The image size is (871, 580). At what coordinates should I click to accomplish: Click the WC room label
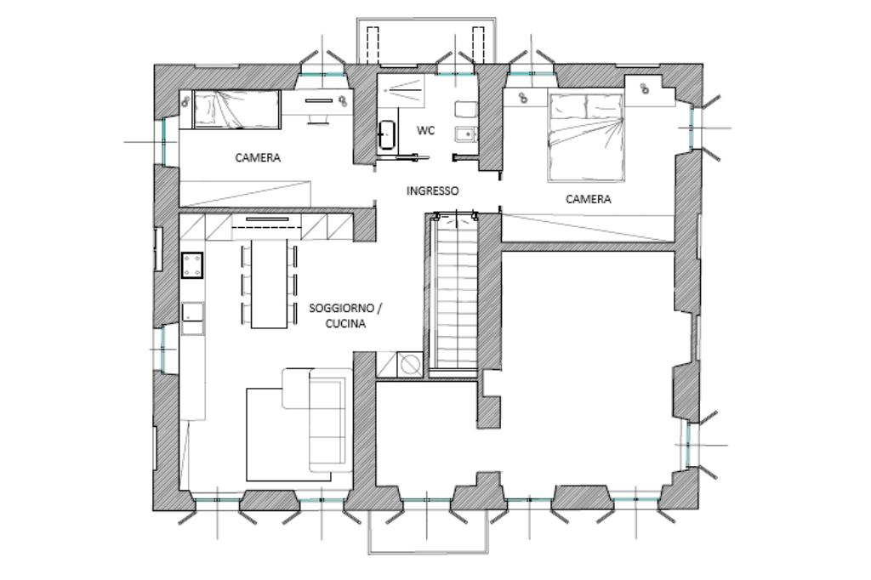click(x=425, y=131)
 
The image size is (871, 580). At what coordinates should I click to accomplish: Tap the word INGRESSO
click(x=433, y=190)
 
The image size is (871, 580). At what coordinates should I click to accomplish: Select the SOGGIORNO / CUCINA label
click(x=345, y=316)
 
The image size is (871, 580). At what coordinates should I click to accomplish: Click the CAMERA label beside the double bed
click(x=588, y=199)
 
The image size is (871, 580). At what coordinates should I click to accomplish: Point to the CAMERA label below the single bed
click(x=258, y=158)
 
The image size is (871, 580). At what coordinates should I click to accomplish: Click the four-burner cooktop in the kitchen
click(x=192, y=264)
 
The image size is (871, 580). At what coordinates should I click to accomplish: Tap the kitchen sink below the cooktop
click(x=192, y=312)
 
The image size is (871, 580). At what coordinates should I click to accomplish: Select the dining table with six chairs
click(x=270, y=283)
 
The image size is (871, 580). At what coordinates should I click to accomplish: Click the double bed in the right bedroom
click(x=585, y=137)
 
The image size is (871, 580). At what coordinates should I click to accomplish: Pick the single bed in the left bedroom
click(x=236, y=109)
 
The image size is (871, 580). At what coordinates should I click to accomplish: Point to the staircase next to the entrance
click(x=455, y=291)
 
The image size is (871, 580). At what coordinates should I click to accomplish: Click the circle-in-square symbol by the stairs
click(x=411, y=364)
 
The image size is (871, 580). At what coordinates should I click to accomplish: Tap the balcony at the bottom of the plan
click(x=429, y=532)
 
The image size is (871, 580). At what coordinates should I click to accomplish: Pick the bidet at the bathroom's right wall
click(x=465, y=134)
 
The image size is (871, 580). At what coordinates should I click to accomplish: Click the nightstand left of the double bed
click(x=524, y=96)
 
